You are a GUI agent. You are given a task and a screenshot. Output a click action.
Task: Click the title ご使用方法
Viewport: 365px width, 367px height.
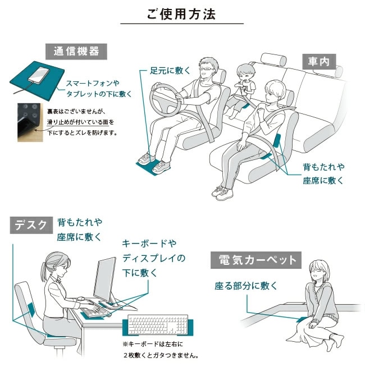[x=181, y=14]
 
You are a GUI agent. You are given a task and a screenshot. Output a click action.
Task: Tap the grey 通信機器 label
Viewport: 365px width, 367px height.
[x=76, y=52]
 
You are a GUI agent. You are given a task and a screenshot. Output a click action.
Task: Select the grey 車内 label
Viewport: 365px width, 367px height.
[x=319, y=62]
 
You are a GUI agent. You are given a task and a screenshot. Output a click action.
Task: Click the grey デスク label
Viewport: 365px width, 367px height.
[x=31, y=225]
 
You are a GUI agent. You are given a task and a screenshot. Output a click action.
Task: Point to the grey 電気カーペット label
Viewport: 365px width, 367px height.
[x=256, y=260]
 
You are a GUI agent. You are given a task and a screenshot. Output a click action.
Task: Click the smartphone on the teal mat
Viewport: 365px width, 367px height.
[x=39, y=74]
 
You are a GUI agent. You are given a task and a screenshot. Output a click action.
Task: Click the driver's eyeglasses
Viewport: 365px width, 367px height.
[x=207, y=69]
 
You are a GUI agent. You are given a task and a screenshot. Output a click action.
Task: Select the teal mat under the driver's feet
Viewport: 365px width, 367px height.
[x=152, y=167]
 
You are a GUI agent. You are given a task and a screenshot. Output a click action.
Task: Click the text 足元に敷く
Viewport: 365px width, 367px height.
[x=170, y=71]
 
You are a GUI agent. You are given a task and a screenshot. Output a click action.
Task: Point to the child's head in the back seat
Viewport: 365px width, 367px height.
[x=244, y=72]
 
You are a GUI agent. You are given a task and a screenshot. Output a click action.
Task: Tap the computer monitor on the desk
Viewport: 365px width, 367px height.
[x=105, y=279]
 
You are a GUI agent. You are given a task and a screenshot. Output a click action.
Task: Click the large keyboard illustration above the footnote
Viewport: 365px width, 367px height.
[x=158, y=324]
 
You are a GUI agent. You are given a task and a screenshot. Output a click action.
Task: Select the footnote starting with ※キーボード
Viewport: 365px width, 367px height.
[x=161, y=350]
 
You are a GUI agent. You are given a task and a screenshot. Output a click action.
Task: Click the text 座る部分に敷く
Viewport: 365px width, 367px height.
[x=246, y=286]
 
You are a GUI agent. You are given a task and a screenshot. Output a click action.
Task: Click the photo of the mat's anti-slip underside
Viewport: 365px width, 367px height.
[x=30, y=122]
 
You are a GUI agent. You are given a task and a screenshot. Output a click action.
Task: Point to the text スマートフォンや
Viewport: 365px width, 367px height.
[x=93, y=83]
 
